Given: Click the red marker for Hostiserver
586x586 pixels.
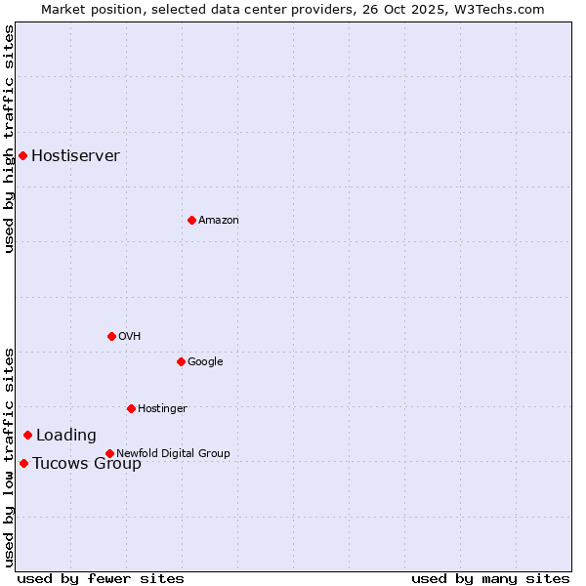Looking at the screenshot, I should click(x=22, y=155).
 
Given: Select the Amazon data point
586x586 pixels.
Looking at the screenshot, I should click(x=191, y=220).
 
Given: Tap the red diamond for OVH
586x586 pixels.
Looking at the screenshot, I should click(x=111, y=336).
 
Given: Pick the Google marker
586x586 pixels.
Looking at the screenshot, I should click(x=181, y=361).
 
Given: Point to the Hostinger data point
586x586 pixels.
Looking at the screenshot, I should click(x=131, y=408).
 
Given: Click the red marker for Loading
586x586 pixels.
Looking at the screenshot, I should click(x=27, y=435).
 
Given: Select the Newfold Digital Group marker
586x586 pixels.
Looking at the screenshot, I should click(x=109, y=453).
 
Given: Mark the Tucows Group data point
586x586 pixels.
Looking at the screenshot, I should click(x=23, y=463).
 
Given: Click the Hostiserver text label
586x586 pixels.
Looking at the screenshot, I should click(x=75, y=155).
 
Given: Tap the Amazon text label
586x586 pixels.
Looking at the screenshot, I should click(x=218, y=220).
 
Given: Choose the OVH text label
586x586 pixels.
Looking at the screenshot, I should click(x=129, y=336).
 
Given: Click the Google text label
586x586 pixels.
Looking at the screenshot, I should click(x=205, y=361).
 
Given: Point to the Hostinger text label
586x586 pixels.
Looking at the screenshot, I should click(x=162, y=408).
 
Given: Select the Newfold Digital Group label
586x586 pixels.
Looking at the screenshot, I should click(x=173, y=453).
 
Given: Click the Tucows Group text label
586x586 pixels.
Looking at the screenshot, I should click(x=86, y=463).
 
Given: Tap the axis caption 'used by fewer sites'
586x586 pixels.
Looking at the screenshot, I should click(x=101, y=578).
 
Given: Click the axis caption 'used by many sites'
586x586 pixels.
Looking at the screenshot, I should click(x=490, y=578).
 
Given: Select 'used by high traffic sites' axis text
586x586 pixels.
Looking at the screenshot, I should click(x=9, y=139).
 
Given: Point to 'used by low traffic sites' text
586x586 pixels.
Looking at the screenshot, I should click(x=9, y=457).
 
